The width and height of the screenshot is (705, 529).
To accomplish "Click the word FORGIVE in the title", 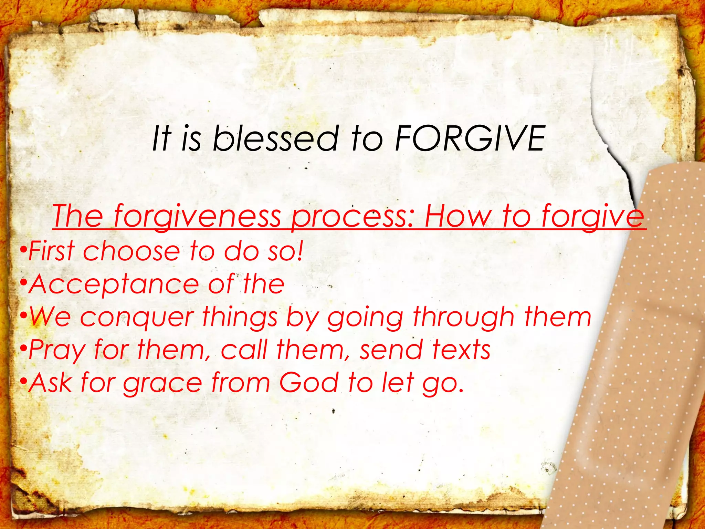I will pos(470,138).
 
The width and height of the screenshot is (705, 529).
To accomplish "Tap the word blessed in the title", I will pos(276,138).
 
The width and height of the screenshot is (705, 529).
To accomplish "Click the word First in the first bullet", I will pos(52,251).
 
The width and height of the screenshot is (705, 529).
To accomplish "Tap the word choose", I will pos(131,251).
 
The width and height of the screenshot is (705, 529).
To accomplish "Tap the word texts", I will pos(462,350).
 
